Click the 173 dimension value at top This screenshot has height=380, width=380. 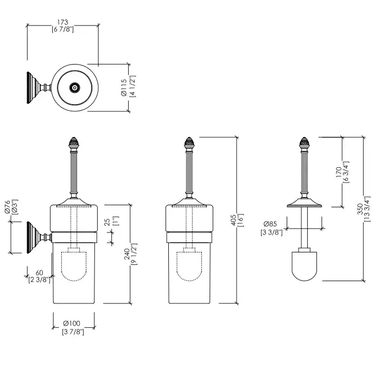tap(62, 22)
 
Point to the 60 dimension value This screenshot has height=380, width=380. tap(39, 273)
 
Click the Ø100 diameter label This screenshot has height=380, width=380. tap(72, 324)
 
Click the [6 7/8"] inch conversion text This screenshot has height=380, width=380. tap(62, 29)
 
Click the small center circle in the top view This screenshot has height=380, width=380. tap(74, 87)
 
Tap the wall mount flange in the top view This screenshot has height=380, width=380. tap(29, 87)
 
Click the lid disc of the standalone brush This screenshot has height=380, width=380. tap(304, 205)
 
